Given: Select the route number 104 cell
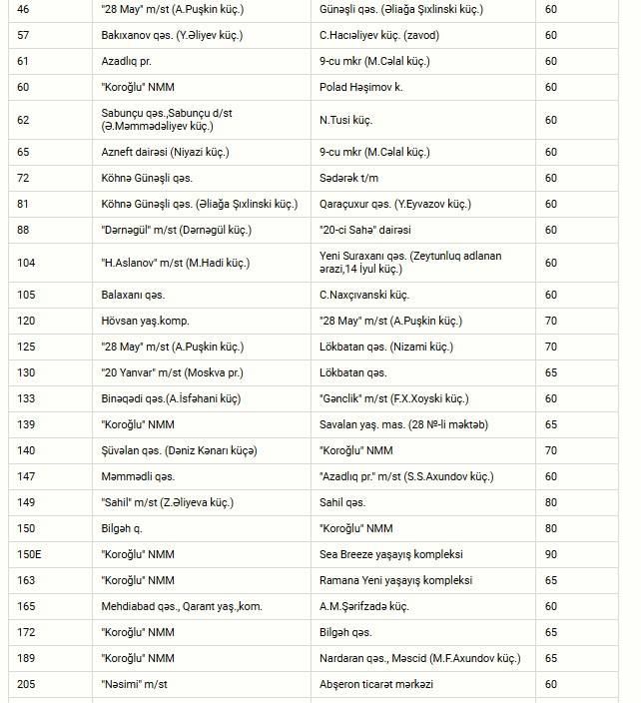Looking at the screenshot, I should click(x=26, y=263).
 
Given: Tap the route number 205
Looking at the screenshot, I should click(x=26, y=684).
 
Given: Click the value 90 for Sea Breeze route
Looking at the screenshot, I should click(x=551, y=554).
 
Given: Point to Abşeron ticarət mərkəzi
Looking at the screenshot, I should click(x=376, y=684).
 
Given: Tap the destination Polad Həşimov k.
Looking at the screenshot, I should click(x=361, y=87).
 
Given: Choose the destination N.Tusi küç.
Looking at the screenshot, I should click(x=345, y=120).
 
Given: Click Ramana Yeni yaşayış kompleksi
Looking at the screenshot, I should click(x=395, y=580).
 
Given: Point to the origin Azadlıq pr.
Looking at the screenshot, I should click(x=125, y=61).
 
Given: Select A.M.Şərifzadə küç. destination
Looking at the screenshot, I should click(x=364, y=606).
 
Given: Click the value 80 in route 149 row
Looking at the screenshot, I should click(x=551, y=502).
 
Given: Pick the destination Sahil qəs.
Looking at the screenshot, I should click(x=342, y=502).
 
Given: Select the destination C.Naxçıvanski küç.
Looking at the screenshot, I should click(x=364, y=296).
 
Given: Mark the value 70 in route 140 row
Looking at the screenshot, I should click(x=551, y=450).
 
